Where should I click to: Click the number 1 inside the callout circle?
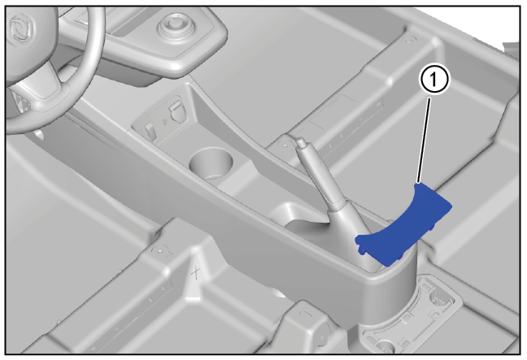click(x=433, y=80)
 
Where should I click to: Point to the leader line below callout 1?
click(x=424, y=140)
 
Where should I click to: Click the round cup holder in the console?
click(x=211, y=163)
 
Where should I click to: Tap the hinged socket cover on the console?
click(x=177, y=110)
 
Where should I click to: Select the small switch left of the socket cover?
click(x=150, y=130)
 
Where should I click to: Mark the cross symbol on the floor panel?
click(x=196, y=272)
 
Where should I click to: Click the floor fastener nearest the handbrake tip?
click(x=284, y=145)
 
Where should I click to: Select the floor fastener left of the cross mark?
click(x=159, y=250)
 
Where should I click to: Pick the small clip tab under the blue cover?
click(x=363, y=250)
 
